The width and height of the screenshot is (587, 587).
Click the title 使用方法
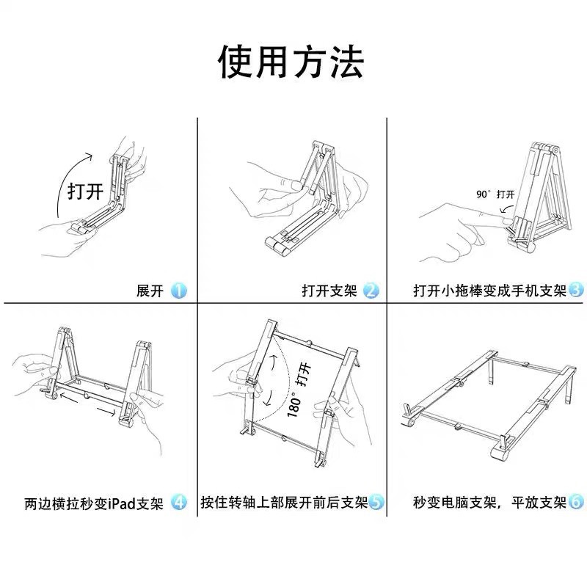pos(291,62)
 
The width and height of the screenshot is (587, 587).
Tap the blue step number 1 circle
pos(178,291)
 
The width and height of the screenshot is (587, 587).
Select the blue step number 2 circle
pos(371,291)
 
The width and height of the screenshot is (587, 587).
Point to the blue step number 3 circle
pos(576,291)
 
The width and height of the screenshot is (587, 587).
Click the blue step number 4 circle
pos(178,503)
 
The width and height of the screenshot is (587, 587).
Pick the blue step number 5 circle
pos(376,503)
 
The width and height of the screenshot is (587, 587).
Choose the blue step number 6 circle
pos(576,503)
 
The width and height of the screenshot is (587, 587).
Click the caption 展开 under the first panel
pos(150,291)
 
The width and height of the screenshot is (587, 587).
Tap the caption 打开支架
pos(329,291)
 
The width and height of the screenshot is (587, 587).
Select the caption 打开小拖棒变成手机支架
pos(489,291)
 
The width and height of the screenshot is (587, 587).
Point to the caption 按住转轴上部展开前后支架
pos(284,503)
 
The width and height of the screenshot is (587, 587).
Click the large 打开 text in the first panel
pos(85,192)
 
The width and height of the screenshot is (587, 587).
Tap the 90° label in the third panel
pos(483,194)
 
